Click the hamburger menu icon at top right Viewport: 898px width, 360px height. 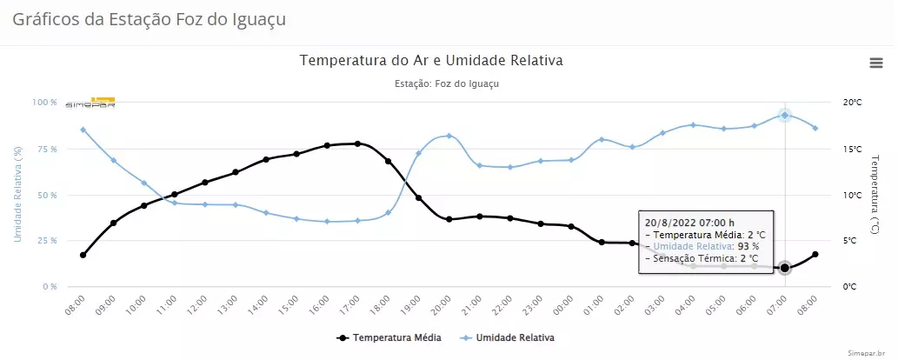(x=876, y=62)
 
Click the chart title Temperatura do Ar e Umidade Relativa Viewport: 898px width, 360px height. (x=432, y=61)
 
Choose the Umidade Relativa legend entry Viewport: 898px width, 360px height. (x=512, y=337)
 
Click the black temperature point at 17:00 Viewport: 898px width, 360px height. (x=357, y=143)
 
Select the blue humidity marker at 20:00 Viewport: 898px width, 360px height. (x=449, y=136)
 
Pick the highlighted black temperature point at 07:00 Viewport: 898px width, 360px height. (x=784, y=268)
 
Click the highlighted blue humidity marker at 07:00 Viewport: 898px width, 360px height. (x=784, y=115)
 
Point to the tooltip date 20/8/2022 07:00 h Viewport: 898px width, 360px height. (x=690, y=222)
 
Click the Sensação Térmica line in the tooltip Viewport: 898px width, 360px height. (x=701, y=258)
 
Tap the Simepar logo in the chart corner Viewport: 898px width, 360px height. (x=90, y=103)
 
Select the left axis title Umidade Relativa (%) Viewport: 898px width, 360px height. (x=17, y=194)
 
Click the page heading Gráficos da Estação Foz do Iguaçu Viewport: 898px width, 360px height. (x=149, y=18)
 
